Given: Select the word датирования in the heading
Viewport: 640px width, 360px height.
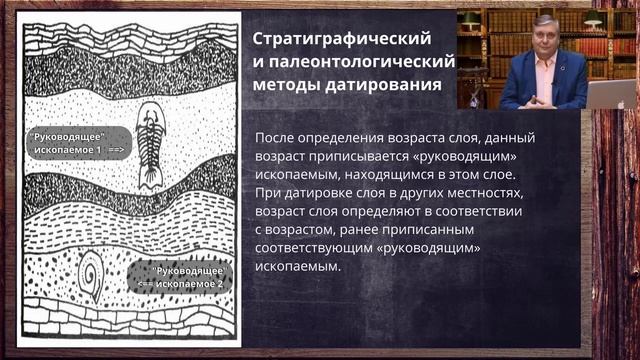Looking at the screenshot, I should point(389,85).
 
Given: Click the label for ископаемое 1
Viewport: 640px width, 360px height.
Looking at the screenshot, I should point(67,141).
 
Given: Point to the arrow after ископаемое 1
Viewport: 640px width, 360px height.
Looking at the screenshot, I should point(115,148).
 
